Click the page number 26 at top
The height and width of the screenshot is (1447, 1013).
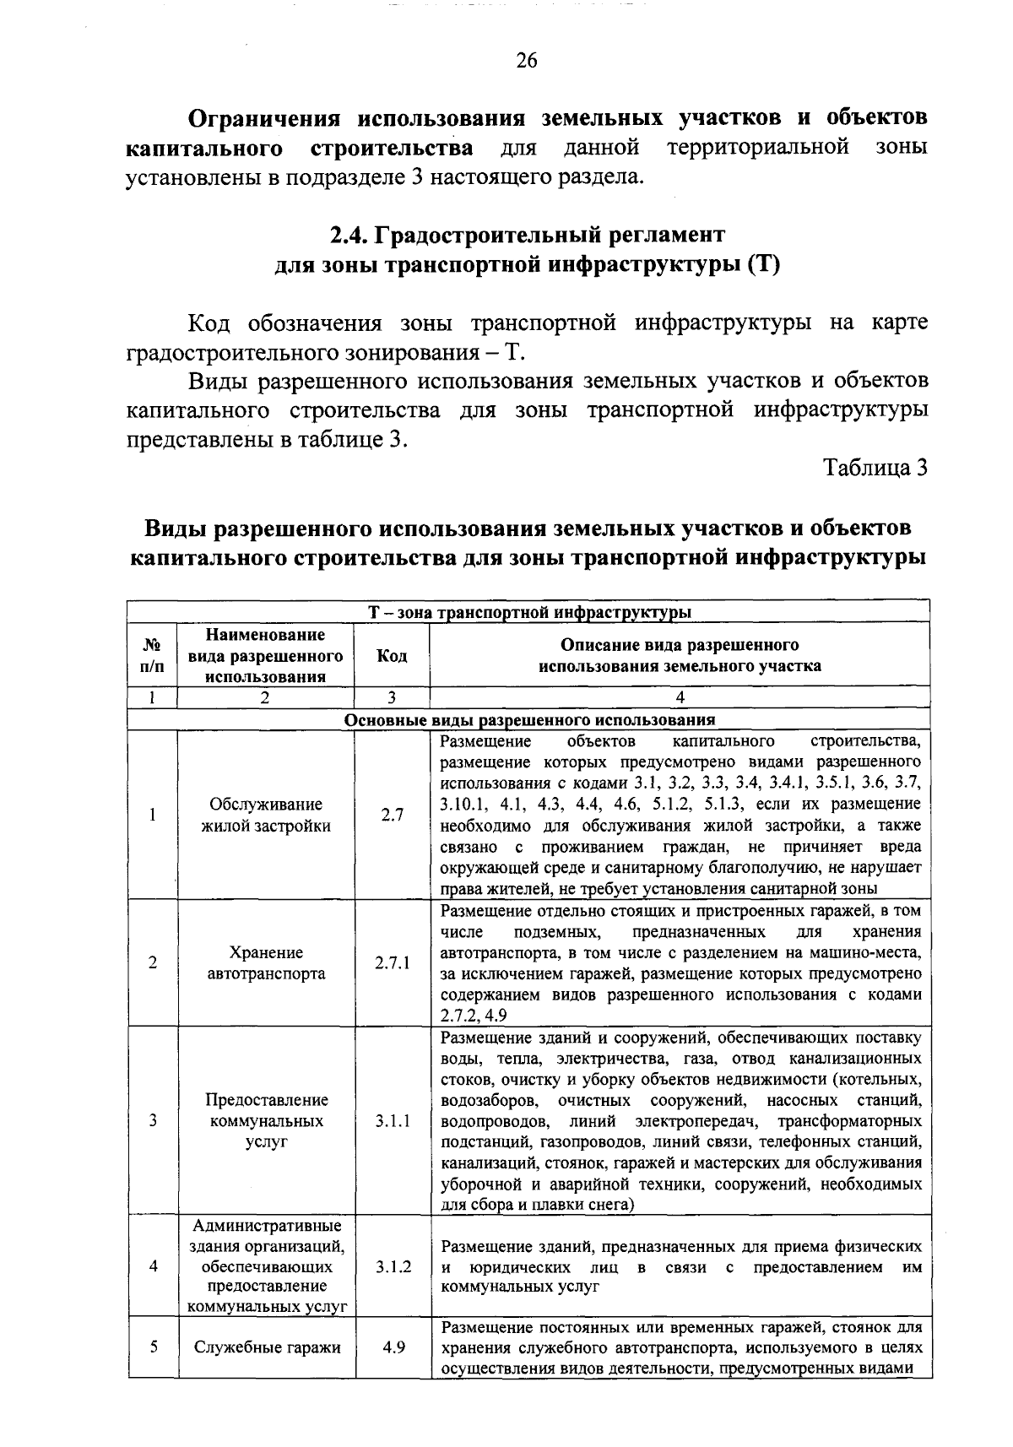(x=526, y=61)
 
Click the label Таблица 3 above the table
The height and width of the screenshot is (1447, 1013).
(x=875, y=468)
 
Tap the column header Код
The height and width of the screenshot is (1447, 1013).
(x=392, y=656)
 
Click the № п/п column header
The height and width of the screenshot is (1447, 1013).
(x=153, y=656)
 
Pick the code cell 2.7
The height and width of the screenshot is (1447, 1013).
(x=392, y=815)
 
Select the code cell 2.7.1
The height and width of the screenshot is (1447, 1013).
(x=392, y=962)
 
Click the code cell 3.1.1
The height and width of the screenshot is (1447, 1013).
(x=392, y=1120)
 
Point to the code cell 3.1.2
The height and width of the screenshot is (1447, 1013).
(x=392, y=1266)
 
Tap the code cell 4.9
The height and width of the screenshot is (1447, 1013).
(x=392, y=1347)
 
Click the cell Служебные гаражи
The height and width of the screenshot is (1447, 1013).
(x=267, y=1347)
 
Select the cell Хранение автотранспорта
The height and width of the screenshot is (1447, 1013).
(x=267, y=962)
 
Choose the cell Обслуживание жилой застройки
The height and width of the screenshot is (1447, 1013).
(x=267, y=815)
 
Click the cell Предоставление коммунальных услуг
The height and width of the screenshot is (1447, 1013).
(x=267, y=1120)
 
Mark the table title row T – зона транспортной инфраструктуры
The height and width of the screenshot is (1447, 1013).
(x=529, y=611)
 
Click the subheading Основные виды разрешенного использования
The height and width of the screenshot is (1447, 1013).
(x=529, y=720)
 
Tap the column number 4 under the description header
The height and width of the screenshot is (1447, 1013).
(x=680, y=697)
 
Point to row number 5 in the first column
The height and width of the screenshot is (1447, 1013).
(x=153, y=1347)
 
